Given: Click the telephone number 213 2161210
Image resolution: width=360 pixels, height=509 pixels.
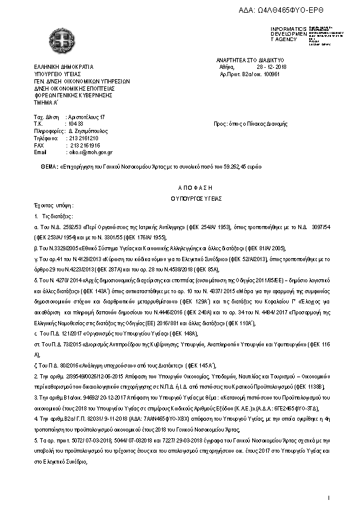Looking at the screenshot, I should [x=83, y=138].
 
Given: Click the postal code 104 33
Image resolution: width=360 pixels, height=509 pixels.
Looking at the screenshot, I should [x=76, y=123].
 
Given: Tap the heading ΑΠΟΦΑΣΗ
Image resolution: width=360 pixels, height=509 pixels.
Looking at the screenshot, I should [x=179, y=189].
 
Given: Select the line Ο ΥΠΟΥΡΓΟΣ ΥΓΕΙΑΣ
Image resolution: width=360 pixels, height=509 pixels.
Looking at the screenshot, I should [x=179, y=198].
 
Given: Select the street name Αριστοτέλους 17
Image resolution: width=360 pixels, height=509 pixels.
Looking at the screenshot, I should [x=87, y=115].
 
